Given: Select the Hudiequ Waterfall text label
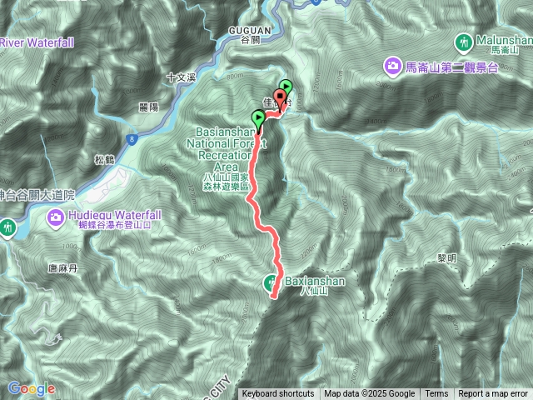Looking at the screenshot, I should pos(116,215).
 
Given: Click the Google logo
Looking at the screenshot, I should pos(31,388).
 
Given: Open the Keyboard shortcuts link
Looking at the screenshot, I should pos(278,394).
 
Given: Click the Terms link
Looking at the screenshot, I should pos(436,394).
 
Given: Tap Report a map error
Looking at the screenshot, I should pos(494,394).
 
